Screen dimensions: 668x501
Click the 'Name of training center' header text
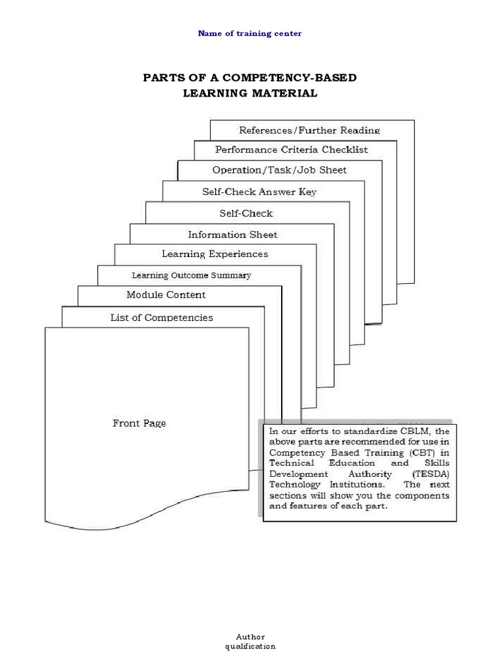(250, 33)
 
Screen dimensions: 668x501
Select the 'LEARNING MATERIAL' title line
(250, 93)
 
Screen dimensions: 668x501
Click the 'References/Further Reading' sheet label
(309, 130)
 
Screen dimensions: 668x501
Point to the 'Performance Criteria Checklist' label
(291, 149)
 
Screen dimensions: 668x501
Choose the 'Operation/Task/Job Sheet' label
(279, 170)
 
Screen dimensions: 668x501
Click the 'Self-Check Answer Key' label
(259, 192)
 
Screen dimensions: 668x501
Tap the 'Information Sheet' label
(232, 235)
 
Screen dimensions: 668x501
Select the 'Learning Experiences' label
(215, 254)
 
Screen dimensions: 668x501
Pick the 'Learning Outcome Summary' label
(191, 275)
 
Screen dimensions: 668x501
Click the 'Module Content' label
(166, 295)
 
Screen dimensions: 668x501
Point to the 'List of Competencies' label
(162, 318)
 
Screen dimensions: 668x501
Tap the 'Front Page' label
(139, 423)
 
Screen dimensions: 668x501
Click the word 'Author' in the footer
(250, 637)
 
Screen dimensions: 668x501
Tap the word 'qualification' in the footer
(250, 646)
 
